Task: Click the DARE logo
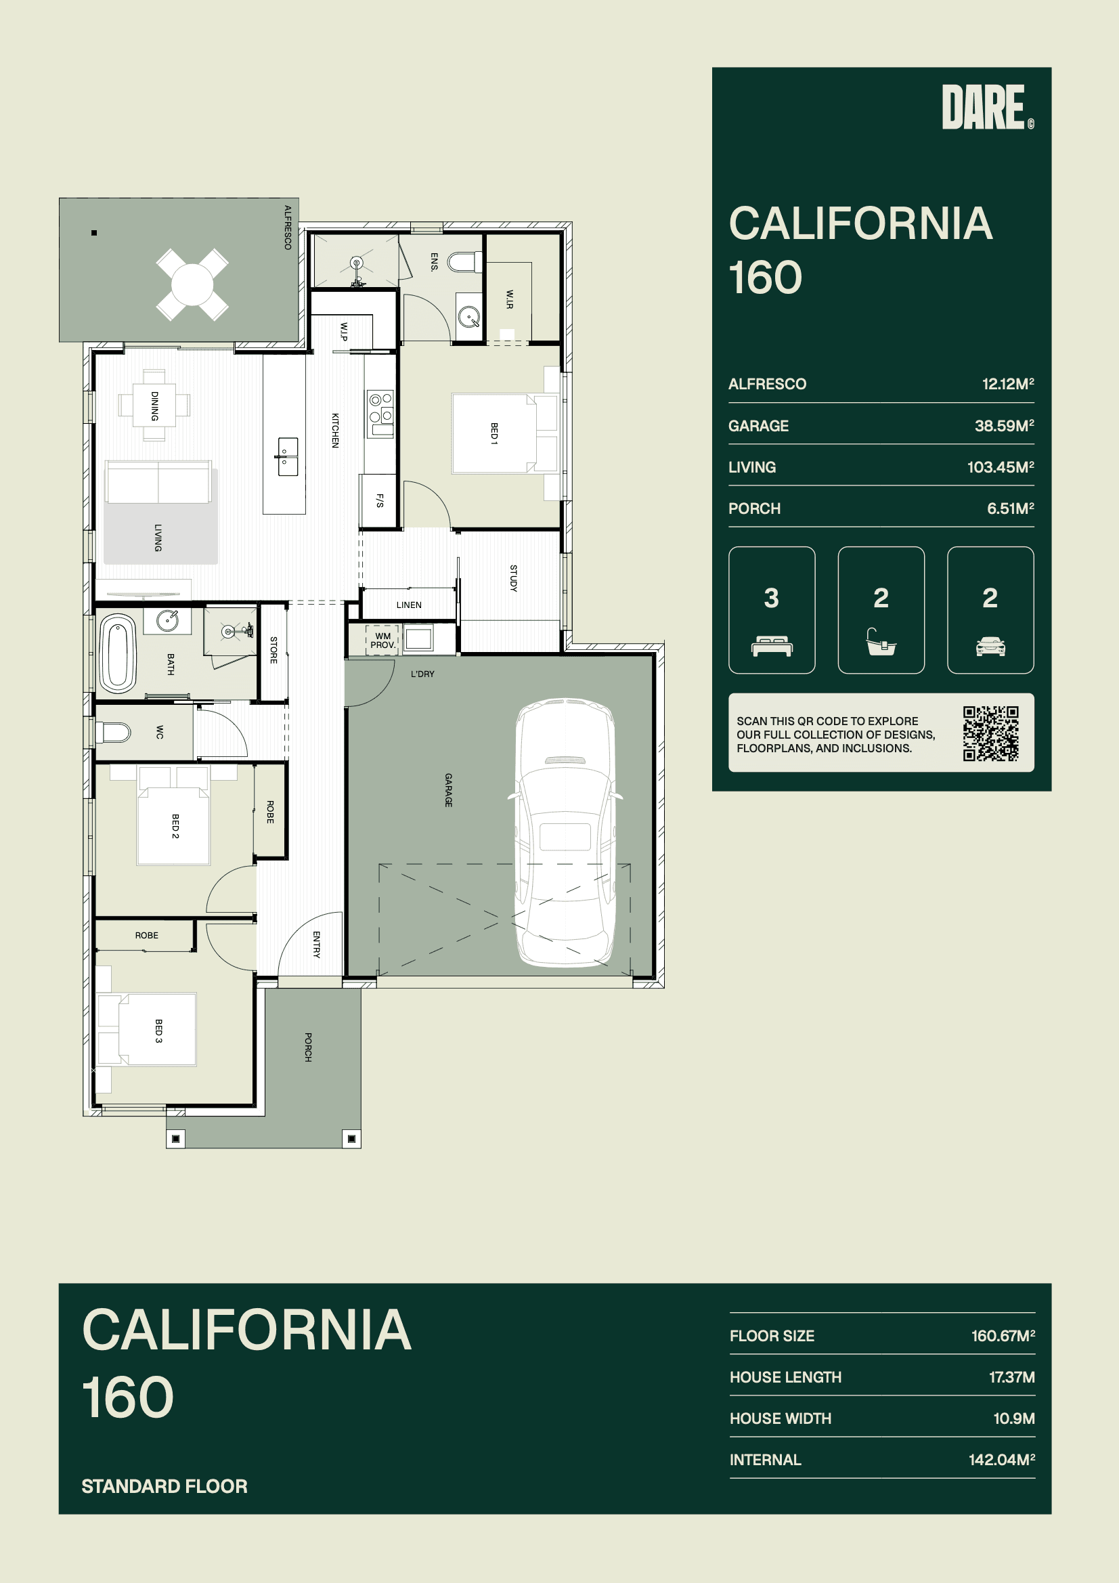(987, 107)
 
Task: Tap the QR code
(991, 733)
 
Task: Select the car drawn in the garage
(565, 832)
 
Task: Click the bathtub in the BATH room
(118, 653)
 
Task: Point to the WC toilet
(112, 732)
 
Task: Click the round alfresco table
(192, 285)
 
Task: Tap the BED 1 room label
(493, 434)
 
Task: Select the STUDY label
(513, 578)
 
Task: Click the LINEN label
(409, 605)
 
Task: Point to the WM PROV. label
(382, 641)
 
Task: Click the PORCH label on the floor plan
(308, 1047)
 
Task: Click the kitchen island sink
(288, 456)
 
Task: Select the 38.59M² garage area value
(1004, 426)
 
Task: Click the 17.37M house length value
(1011, 1377)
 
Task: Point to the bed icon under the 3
(772, 647)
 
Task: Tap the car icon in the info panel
(990, 646)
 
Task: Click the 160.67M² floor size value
(1003, 1335)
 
